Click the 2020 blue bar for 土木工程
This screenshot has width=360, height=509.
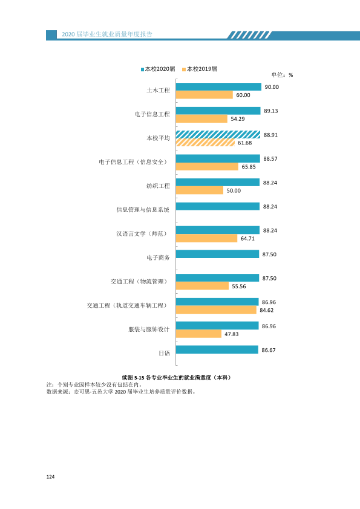point(218,86)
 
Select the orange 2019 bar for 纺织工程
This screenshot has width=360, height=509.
point(200,190)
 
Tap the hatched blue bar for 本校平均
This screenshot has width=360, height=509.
point(218,134)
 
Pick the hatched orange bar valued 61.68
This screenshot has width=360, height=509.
point(205,143)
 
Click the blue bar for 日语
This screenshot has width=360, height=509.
point(217,349)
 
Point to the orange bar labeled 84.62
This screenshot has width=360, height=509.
point(216,310)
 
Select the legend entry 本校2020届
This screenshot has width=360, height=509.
point(158,69)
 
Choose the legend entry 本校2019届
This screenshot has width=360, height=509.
point(200,69)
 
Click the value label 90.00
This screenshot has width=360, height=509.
point(272,87)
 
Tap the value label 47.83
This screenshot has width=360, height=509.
point(231,334)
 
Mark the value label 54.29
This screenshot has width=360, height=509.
point(238,119)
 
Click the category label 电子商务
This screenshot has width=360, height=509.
point(158,258)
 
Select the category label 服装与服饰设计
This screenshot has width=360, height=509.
point(149,329)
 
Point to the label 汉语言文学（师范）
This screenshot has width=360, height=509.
point(143,234)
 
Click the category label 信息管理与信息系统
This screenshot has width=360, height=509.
point(143,210)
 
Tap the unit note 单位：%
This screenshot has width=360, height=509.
point(282,75)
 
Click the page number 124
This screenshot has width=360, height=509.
point(50,476)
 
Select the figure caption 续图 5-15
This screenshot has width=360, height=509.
point(133,378)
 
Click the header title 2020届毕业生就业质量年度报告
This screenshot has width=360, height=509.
point(107,34)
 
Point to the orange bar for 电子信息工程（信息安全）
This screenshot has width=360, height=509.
point(207,166)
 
